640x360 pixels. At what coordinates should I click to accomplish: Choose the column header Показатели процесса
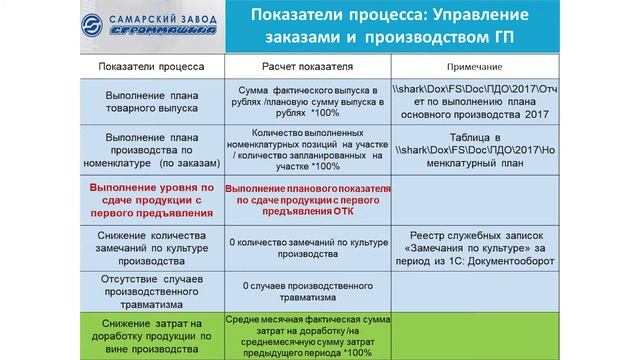tap(152, 67)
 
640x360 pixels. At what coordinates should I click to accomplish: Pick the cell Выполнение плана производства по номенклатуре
tap(152, 148)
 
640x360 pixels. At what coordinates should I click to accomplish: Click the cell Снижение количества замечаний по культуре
tap(152, 243)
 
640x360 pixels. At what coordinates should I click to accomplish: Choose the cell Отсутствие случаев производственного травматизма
tap(152, 285)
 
